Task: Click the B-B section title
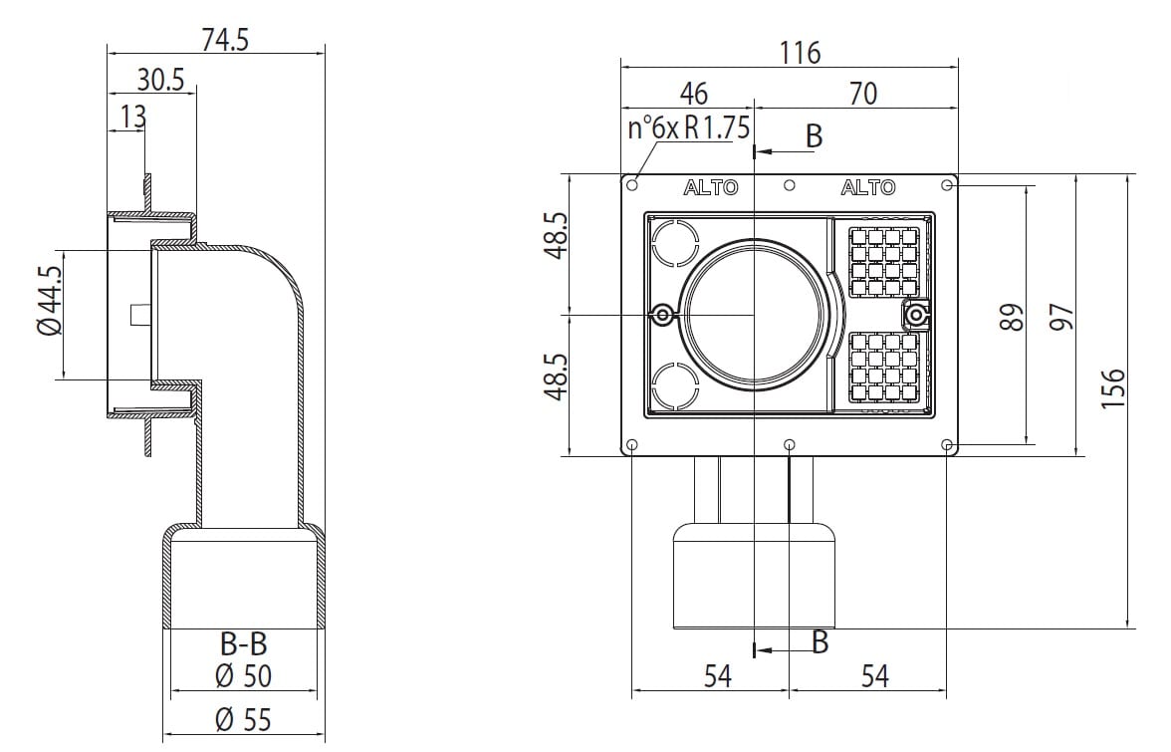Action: pyautogui.click(x=243, y=644)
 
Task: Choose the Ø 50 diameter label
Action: pyautogui.click(x=243, y=676)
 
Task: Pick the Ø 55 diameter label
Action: pyautogui.click(x=243, y=718)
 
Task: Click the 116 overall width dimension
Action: pyautogui.click(x=801, y=52)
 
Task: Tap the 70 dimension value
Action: pyautogui.click(x=862, y=94)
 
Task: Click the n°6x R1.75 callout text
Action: pyautogui.click(x=688, y=128)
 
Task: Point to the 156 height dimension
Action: pyautogui.click(x=1113, y=388)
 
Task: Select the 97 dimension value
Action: pyautogui.click(x=1061, y=317)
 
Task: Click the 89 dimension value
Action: pyautogui.click(x=1011, y=317)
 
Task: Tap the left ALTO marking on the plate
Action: pyautogui.click(x=711, y=187)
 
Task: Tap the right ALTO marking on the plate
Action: pyautogui.click(x=867, y=187)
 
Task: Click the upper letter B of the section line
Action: pyautogui.click(x=814, y=136)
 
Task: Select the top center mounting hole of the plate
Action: pyautogui.click(x=789, y=185)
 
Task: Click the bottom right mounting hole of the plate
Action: pyautogui.click(x=947, y=444)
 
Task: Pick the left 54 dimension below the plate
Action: pyautogui.click(x=717, y=676)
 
